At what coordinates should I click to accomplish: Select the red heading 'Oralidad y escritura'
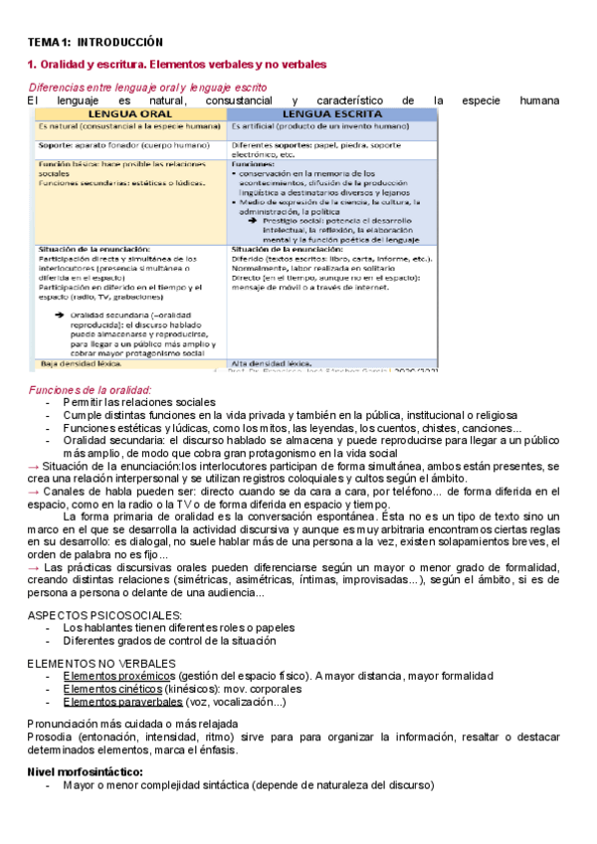(94, 65)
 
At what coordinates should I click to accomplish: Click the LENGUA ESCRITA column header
(331, 114)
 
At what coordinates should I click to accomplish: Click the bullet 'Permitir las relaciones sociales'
(138, 401)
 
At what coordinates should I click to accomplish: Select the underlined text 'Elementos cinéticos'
(111, 689)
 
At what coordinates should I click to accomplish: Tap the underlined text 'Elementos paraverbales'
(121, 702)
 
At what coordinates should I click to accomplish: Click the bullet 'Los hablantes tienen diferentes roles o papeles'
(178, 628)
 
